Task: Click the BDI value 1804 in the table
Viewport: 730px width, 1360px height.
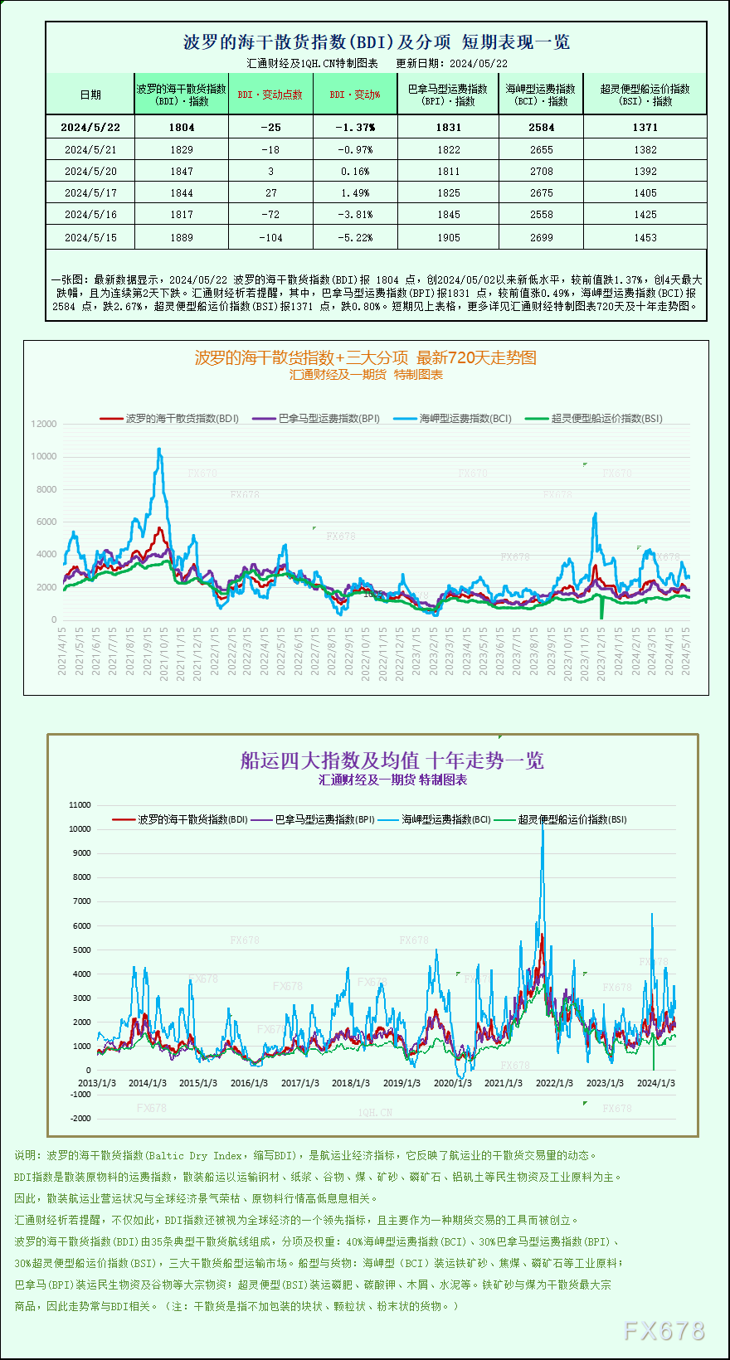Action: pyautogui.click(x=182, y=127)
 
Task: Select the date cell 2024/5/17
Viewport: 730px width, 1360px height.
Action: pyautogui.click(x=90, y=193)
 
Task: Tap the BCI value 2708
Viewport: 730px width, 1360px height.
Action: pyautogui.click(x=541, y=172)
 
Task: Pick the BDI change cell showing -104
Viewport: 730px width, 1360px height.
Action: pyautogui.click(x=270, y=238)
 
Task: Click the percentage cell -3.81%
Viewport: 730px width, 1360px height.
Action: pyautogui.click(x=356, y=215)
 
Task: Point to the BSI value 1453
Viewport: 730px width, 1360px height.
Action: pyautogui.click(x=645, y=238)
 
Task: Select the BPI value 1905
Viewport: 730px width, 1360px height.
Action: pyautogui.click(x=448, y=238)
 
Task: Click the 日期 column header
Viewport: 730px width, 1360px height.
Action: pyautogui.click(x=90, y=95)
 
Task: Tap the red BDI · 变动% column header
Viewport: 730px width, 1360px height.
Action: pyautogui.click(x=355, y=95)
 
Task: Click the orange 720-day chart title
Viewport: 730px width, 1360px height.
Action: pyautogui.click(x=365, y=357)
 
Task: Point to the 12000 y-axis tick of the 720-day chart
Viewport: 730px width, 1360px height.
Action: pyautogui.click(x=44, y=424)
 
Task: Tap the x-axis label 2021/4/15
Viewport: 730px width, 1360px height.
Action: pyautogui.click(x=62, y=651)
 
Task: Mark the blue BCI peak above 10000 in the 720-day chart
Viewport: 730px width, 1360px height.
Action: pyautogui.click(x=159, y=449)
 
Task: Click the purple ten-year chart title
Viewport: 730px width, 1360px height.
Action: pyautogui.click(x=392, y=760)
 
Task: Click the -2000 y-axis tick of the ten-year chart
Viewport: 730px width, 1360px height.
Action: pyautogui.click(x=80, y=1119)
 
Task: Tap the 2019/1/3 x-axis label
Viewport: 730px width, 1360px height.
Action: pyautogui.click(x=401, y=1083)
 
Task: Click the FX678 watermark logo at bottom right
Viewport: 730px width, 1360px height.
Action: pyautogui.click(x=664, y=1331)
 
